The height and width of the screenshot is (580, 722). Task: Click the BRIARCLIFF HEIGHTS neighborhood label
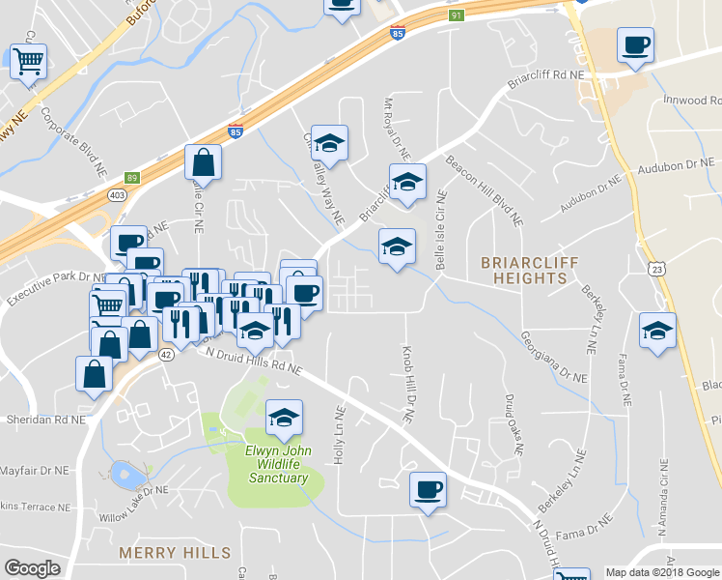(524, 270)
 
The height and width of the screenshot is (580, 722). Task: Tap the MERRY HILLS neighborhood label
(175, 553)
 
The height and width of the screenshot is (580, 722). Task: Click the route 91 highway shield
(456, 15)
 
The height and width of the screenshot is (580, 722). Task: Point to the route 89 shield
(132, 178)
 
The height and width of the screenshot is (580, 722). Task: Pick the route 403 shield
(117, 195)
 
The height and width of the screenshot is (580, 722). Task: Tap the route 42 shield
(166, 355)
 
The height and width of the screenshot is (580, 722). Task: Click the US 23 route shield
(656, 267)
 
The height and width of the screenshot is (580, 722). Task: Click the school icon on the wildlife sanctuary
(284, 419)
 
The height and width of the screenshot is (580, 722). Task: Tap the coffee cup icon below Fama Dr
(428, 490)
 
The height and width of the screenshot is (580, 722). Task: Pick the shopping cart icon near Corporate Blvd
(28, 62)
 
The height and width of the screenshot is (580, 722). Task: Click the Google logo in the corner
(32, 568)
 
